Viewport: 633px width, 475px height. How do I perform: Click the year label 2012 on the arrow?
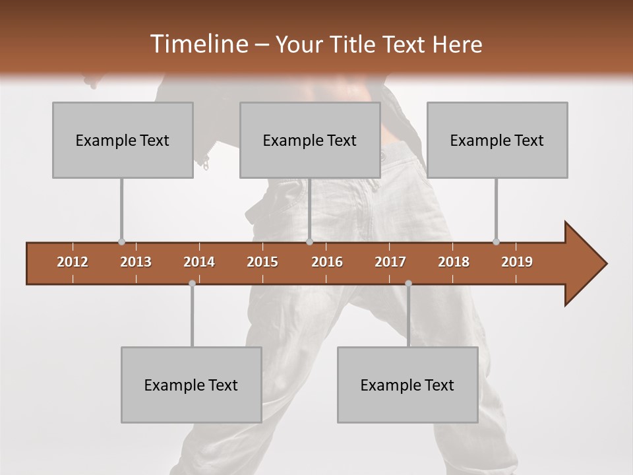[x=73, y=262]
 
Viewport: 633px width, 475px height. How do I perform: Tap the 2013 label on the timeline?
[x=136, y=262]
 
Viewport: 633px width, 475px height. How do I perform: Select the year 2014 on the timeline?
[x=199, y=262]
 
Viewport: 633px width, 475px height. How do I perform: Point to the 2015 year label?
[x=262, y=262]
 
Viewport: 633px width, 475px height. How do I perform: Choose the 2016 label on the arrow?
[x=327, y=262]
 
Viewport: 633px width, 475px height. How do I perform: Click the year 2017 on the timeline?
[x=390, y=262]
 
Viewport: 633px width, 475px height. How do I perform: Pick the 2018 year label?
[x=454, y=262]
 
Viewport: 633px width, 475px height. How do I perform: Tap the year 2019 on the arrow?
[x=517, y=262]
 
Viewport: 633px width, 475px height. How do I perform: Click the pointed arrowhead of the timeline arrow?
[x=587, y=263]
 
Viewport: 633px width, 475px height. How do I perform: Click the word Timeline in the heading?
[x=198, y=44]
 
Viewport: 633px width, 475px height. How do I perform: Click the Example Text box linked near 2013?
[x=123, y=140]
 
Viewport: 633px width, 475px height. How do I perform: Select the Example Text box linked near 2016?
[x=310, y=140]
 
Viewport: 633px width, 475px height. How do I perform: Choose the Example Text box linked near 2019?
[x=497, y=140]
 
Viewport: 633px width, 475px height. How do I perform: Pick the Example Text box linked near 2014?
[x=191, y=385]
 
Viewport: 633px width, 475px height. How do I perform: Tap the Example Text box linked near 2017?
[x=407, y=385]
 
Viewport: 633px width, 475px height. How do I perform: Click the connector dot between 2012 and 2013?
[x=121, y=242]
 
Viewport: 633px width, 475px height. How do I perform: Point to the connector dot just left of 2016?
[x=309, y=242]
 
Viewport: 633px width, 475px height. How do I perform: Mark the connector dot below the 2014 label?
[x=192, y=283]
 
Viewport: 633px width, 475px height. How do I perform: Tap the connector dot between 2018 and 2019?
[x=496, y=242]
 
